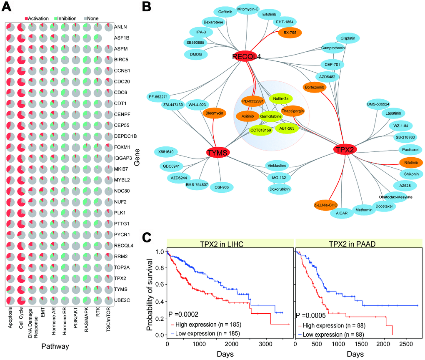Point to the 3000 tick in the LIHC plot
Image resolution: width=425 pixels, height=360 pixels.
click(264, 344)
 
